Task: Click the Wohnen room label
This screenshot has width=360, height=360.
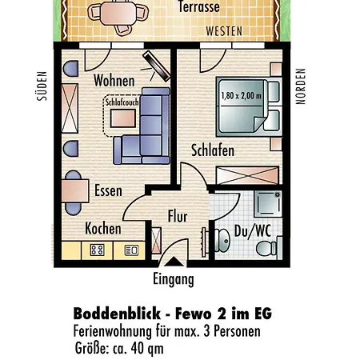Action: coord(114,81)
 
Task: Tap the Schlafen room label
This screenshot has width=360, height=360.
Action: coord(213,150)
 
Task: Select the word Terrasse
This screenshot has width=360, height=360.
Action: coord(199,6)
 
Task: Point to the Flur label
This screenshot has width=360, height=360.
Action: coord(178,216)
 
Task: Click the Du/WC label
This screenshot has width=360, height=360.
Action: coord(253,231)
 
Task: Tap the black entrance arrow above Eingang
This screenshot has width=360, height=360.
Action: coord(174,262)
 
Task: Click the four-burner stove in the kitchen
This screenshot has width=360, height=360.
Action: coord(97,250)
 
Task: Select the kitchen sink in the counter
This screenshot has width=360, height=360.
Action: coord(131,250)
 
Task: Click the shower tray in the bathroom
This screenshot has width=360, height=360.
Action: coord(268,203)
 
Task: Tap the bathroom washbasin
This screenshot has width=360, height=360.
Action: coord(222,240)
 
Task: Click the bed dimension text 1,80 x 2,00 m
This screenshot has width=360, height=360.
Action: coord(242,95)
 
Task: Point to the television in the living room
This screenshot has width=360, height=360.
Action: coord(156,66)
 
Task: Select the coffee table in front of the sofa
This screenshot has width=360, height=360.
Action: coord(123,118)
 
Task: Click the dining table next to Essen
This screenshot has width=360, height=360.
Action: coord(75,191)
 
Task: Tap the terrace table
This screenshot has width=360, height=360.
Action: coord(118,14)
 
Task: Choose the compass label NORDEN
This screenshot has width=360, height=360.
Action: coord(301,86)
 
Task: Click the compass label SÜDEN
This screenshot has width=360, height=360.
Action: coord(42,86)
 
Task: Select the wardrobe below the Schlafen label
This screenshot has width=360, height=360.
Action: coord(247,175)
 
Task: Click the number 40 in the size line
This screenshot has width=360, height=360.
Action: coord(138,348)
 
